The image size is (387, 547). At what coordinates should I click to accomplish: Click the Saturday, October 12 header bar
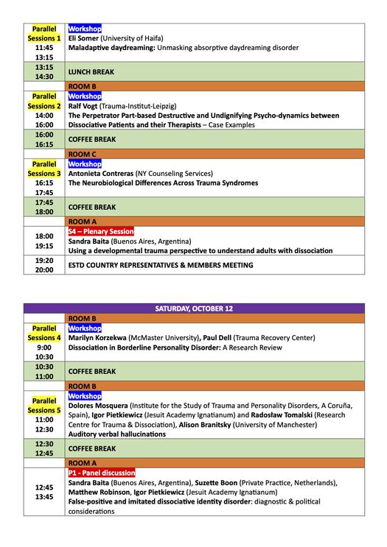193,308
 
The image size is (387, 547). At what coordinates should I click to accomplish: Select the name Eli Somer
83,38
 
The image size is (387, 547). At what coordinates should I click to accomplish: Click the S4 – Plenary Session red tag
101,231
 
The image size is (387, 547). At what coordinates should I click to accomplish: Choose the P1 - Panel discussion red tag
102,473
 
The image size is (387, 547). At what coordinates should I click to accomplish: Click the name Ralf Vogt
86,106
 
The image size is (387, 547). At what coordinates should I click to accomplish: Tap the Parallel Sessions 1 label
44,33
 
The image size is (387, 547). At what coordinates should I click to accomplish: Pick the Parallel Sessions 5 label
44,406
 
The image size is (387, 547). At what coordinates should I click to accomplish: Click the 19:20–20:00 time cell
44,265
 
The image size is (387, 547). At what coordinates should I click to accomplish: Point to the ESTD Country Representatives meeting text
160,265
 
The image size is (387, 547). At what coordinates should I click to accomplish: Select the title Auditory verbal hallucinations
116,434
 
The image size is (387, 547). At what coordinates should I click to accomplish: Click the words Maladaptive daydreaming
111,48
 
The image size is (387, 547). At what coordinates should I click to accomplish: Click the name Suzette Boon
216,482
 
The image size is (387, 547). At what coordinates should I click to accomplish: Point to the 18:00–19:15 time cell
44,241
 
